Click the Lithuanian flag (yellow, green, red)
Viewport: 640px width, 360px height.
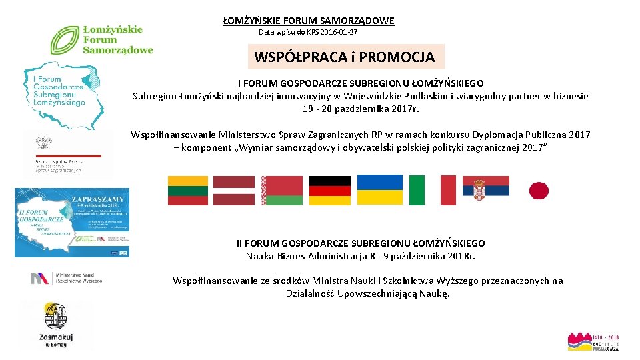(188, 190)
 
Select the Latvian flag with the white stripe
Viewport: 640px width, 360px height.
(234, 190)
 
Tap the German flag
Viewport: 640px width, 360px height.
(329, 190)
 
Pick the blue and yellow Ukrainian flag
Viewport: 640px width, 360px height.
(379, 190)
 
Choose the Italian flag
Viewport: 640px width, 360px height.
(432, 190)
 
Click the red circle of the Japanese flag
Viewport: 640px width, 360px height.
(539, 191)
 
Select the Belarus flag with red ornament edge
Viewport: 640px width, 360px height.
(282, 190)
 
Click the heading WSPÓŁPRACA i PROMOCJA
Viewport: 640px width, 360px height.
(345, 57)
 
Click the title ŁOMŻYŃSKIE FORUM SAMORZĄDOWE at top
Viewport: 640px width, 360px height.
(309, 21)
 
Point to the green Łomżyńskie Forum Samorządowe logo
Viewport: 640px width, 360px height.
(102, 39)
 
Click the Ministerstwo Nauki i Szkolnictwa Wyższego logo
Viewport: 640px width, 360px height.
(67, 278)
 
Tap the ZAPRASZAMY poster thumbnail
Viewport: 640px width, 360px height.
(73, 223)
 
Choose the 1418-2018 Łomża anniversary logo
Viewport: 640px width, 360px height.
(593, 341)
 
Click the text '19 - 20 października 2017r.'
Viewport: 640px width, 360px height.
(361, 109)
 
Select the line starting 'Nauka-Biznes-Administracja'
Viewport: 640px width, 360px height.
(361, 256)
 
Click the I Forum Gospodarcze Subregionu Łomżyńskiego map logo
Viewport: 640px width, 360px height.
(62, 93)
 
